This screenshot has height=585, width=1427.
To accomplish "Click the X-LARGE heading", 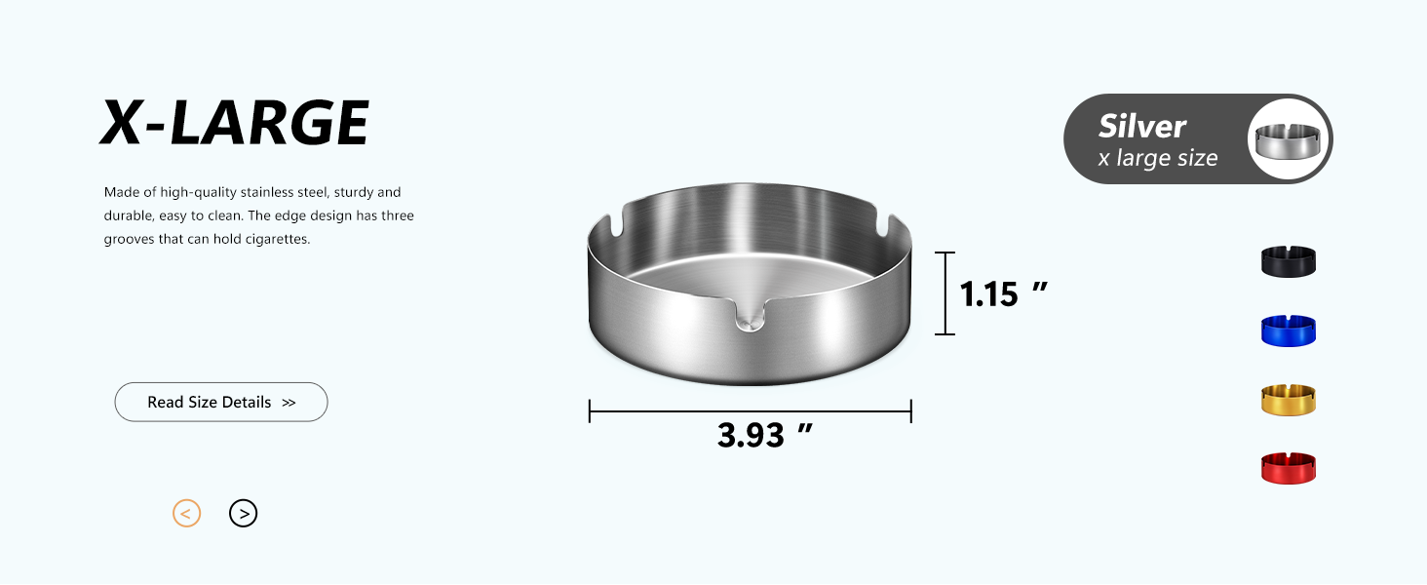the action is point(235,122).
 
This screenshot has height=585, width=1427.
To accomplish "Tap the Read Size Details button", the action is point(221,402).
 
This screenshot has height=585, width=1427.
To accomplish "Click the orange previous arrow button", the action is point(186,513).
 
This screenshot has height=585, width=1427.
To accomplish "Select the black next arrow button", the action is point(244,513).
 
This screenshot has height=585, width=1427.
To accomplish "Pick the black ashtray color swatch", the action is point(1289,261).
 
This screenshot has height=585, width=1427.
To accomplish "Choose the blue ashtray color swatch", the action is point(1289,331).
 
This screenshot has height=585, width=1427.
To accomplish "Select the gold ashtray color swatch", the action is point(1289,400).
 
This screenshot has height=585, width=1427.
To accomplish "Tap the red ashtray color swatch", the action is point(1289,468).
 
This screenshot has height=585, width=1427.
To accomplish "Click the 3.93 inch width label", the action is point(764,435).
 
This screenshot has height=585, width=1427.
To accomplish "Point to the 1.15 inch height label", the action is point(1003,294).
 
